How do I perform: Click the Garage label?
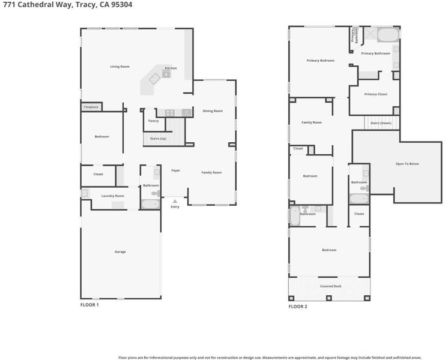tap(120, 252)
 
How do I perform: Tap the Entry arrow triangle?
tap(175, 201)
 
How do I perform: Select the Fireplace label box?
tap(91, 107)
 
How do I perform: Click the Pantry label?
tap(153, 121)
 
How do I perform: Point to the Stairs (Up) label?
tap(158, 139)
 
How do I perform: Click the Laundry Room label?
tap(113, 196)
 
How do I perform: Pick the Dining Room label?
tap(213, 111)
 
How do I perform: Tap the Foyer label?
tap(176, 170)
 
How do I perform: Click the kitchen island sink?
tap(155, 78)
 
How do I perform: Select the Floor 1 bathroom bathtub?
tap(150, 204)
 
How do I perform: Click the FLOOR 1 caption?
tap(89, 305)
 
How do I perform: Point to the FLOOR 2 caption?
tap(298, 307)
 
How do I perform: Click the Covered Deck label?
tap(331, 286)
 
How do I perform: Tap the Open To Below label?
tap(407, 164)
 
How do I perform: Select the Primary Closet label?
tap(376, 94)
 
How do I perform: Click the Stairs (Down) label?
tap(381, 123)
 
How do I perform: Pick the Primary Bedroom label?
tap(321, 61)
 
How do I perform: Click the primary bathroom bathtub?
tap(388, 35)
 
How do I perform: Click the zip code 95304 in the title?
tap(121, 5)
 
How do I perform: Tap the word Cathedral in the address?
tap(44, 5)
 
